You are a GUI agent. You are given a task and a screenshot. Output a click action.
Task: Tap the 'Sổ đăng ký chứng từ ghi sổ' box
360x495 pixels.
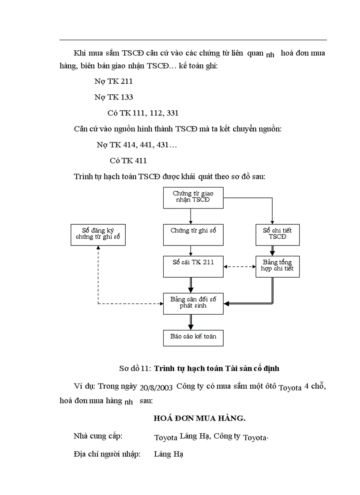[x=98, y=234]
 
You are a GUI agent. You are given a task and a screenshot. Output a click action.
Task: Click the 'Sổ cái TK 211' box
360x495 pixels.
[x=193, y=266]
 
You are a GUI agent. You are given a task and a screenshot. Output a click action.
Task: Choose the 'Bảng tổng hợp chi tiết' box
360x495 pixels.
[x=277, y=266]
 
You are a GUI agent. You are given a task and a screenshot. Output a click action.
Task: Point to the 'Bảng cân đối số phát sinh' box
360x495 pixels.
[x=193, y=303]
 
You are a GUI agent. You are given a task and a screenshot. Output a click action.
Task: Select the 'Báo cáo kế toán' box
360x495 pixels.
[x=193, y=338]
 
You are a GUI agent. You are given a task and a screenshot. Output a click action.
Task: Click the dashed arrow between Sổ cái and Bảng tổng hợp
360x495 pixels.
[x=240, y=266]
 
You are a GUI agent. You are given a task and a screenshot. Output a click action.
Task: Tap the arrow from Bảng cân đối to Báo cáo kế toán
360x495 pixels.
[x=191, y=322]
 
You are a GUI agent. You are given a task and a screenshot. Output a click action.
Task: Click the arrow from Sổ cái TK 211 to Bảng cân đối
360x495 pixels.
[x=191, y=285]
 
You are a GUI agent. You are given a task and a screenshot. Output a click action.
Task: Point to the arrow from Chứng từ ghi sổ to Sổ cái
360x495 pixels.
[x=191, y=250]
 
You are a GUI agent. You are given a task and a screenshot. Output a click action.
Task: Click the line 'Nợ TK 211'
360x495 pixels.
[x=113, y=82]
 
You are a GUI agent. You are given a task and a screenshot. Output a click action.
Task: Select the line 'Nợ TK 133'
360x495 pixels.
[x=113, y=97]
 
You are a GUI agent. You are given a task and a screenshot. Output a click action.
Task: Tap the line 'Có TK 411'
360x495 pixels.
[x=128, y=161]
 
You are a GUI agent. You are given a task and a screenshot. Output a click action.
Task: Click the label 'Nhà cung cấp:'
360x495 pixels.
[x=98, y=436]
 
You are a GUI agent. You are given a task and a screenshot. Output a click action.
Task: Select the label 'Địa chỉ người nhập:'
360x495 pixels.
[x=107, y=454]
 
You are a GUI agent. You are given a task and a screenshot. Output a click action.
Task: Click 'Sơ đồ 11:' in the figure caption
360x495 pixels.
[x=135, y=368]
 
